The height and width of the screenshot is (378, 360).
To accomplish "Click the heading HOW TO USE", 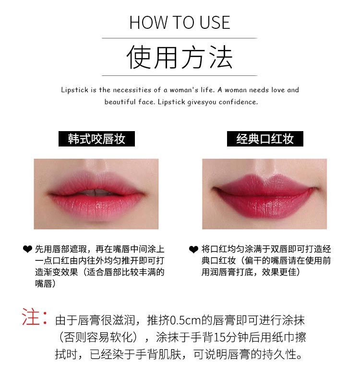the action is [x=180, y=23].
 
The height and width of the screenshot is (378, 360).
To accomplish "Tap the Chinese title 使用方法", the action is [x=180, y=57].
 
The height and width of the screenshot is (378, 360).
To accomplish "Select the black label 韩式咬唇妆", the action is [x=96, y=139].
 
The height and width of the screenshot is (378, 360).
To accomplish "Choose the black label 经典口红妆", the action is [x=265, y=139].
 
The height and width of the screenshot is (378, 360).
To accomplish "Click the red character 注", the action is [x=31, y=317].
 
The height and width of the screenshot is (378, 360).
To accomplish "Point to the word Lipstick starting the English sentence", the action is [x=75, y=90].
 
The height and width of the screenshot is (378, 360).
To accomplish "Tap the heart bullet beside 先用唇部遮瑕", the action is [x=27, y=249].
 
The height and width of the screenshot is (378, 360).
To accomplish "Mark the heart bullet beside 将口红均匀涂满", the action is [x=193, y=249].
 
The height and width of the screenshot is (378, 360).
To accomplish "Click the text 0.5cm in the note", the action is [x=186, y=321].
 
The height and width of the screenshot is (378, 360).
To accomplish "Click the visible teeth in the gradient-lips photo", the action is [x=95, y=192].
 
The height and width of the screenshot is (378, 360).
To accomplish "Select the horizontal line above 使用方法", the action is [x=180, y=38].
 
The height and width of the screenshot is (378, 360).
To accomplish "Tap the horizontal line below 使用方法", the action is [x=180, y=76].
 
